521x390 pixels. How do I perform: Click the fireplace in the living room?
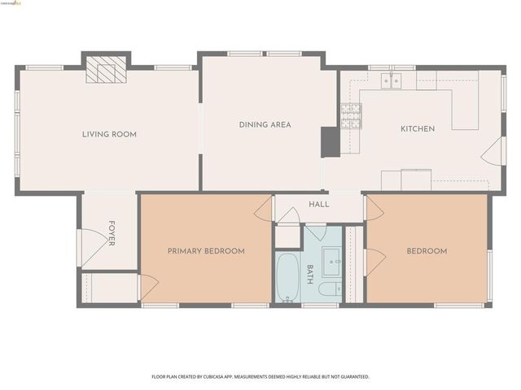(107, 70)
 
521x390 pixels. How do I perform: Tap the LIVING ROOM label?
(109, 134)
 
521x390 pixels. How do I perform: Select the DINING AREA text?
(265, 125)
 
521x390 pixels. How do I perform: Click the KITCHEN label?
(417, 129)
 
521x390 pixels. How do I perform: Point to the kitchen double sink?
(392, 80)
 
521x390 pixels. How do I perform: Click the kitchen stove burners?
(351, 116)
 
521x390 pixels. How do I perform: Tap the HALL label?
(319, 204)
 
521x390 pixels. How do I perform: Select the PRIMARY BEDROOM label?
(206, 251)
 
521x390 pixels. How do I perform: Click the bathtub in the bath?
(287, 277)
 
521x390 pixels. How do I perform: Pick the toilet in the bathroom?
(330, 289)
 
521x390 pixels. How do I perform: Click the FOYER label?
(112, 232)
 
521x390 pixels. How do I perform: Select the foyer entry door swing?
(90, 241)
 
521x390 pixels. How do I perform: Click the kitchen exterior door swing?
(493, 151)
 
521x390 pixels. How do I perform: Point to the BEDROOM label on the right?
(427, 251)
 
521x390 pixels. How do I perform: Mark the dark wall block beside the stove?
(331, 141)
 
